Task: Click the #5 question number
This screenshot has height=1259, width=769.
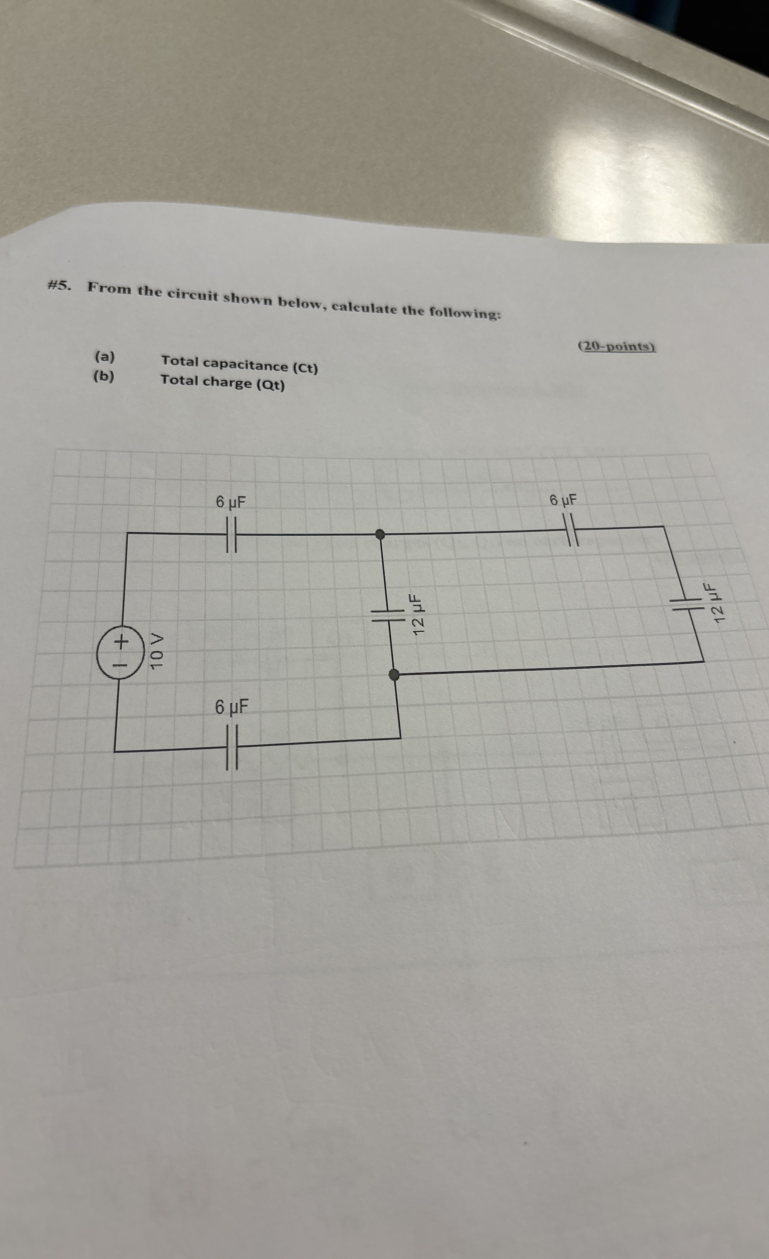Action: click(59, 286)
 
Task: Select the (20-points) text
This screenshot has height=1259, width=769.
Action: click(617, 346)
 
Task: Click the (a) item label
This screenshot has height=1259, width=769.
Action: click(105, 357)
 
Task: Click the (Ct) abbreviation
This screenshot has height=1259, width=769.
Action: click(305, 368)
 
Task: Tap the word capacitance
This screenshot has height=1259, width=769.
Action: click(245, 365)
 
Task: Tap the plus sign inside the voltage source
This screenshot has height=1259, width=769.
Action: click(120, 640)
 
